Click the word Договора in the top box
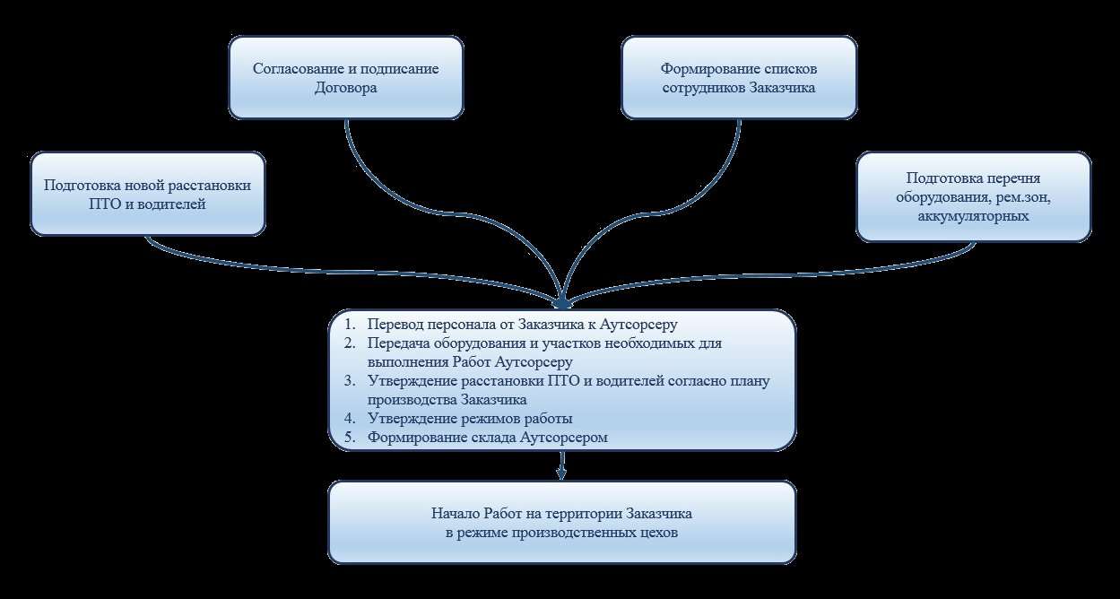click(x=345, y=88)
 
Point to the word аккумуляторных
click(x=973, y=216)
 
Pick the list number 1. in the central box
click(x=350, y=324)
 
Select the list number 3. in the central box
click(x=350, y=380)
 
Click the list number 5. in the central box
click(x=350, y=437)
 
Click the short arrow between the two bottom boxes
click(x=562, y=465)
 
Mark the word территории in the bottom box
click(x=583, y=515)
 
